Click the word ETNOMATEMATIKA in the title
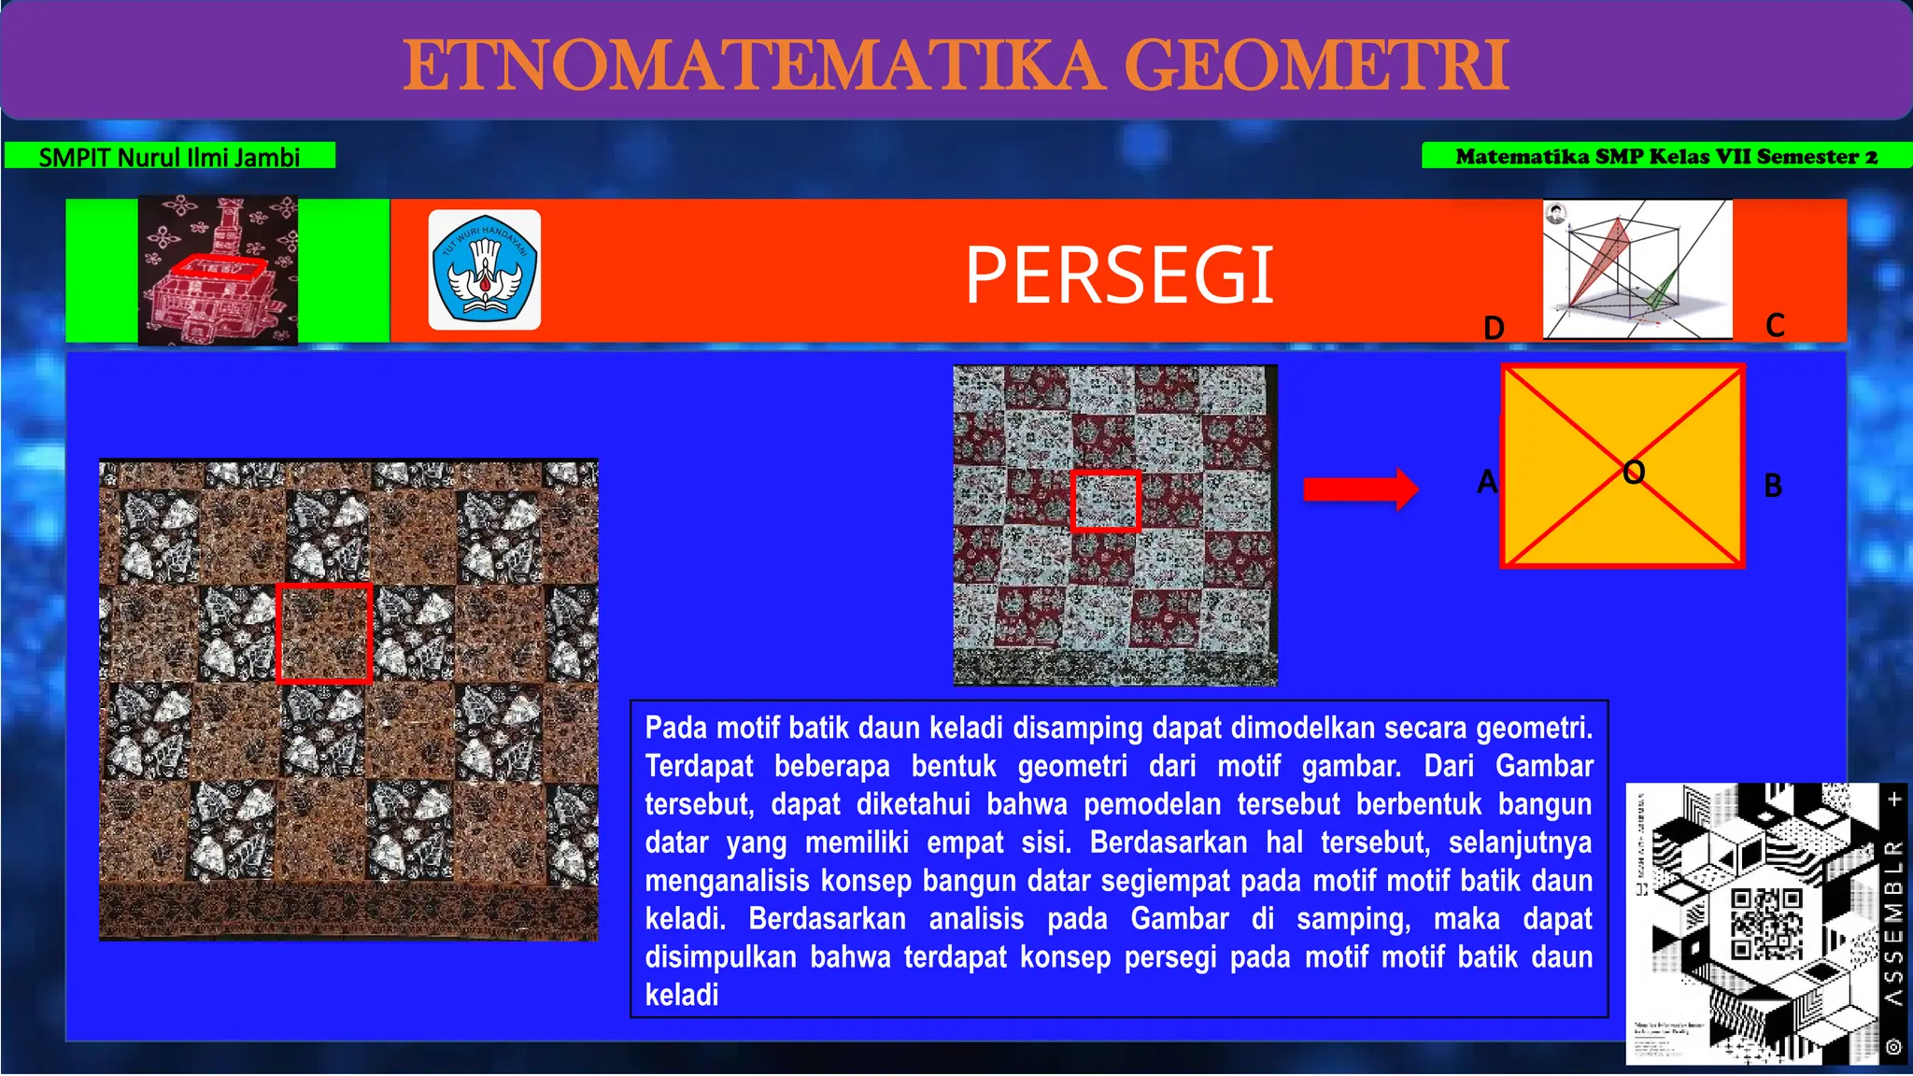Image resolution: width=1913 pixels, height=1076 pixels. (x=752, y=65)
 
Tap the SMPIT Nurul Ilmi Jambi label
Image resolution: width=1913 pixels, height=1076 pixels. (x=169, y=156)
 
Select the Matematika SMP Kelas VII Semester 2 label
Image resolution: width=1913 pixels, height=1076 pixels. (x=1665, y=156)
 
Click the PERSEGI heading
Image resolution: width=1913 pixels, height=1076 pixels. (x=1119, y=275)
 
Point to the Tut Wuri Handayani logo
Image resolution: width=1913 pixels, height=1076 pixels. (x=484, y=270)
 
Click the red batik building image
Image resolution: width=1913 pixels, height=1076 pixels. (x=218, y=270)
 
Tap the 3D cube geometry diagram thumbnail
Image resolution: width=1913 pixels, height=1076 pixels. (x=1637, y=269)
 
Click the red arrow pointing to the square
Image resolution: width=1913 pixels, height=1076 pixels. (x=1360, y=488)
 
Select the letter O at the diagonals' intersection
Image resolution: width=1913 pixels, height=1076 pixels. (x=1634, y=473)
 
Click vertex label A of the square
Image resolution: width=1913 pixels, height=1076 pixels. (x=1487, y=482)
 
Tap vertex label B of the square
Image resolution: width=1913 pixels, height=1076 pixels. (x=1773, y=486)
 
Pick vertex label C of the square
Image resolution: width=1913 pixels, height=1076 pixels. (x=1775, y=325)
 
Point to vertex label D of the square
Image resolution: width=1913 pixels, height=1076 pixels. (x=1494, y=328)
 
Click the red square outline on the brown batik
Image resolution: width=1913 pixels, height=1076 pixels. (x=324, y=587)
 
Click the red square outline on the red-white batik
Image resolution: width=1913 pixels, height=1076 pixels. (x=1105, y=474)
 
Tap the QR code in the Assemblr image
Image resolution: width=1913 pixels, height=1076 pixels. (x=1765, y=924)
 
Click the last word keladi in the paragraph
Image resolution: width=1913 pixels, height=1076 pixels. (x=682, y=995)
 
